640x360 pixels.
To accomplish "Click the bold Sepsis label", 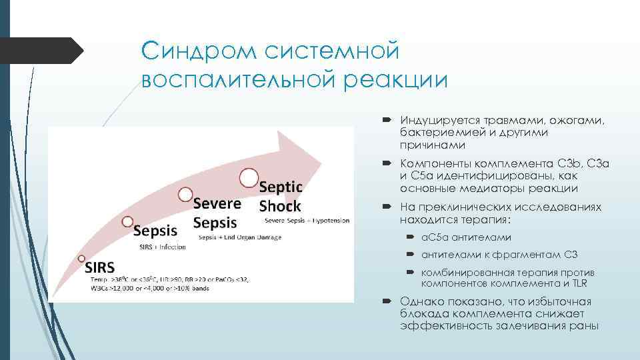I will pos(156,231).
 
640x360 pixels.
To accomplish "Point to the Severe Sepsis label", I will pos(217,211).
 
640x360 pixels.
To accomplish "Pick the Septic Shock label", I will pos(280,196).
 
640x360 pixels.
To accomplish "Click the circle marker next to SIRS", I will pos(81,259).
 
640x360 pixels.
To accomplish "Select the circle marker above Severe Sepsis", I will pos(185,194).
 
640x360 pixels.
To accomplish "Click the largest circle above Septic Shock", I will pos(249,177).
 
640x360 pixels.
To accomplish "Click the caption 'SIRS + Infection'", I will pos(162,247).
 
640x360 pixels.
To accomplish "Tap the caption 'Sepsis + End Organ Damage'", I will pos(239,237).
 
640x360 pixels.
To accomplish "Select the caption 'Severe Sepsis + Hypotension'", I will pos(306,221).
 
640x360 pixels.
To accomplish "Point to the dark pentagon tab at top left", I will pos(40,51).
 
